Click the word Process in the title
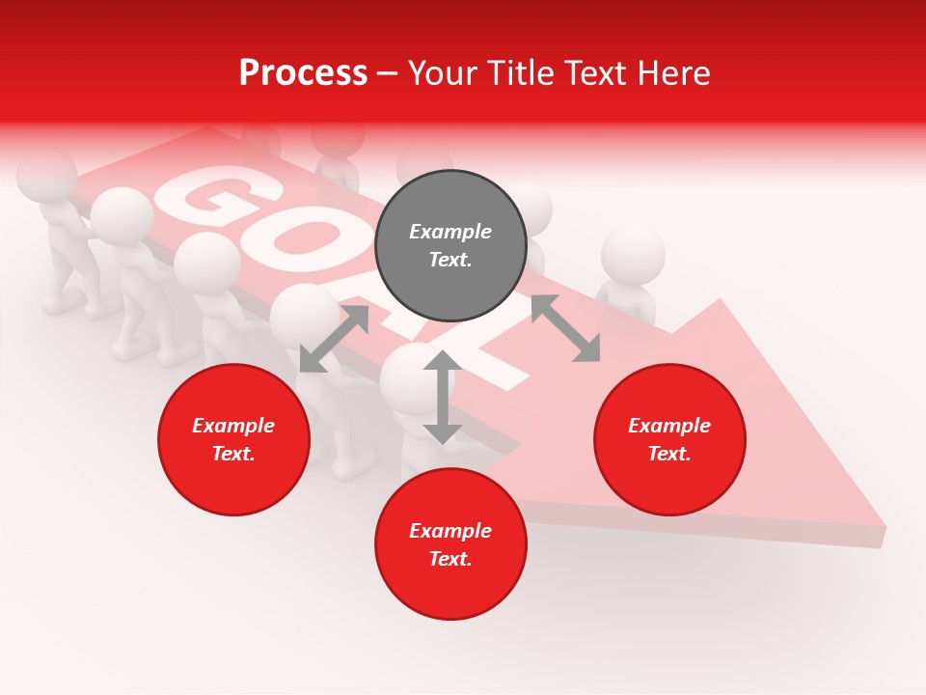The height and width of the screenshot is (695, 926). (x=303, y=73)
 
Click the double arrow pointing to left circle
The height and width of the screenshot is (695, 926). (x=334, y=339)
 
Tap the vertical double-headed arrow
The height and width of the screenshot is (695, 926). (x=443, y=397)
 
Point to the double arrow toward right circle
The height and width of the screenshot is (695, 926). (x=565, y=328)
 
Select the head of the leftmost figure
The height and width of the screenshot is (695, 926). (x=45, y=174)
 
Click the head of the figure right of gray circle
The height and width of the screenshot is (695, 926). (x=633, y=255)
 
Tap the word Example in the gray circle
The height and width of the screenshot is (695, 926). (x=450, y=232)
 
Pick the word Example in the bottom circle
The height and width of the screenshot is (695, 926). (x=450, y=531)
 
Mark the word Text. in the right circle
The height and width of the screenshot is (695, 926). (x=669, y=454)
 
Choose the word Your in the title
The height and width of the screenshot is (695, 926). (x=444, y=73)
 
